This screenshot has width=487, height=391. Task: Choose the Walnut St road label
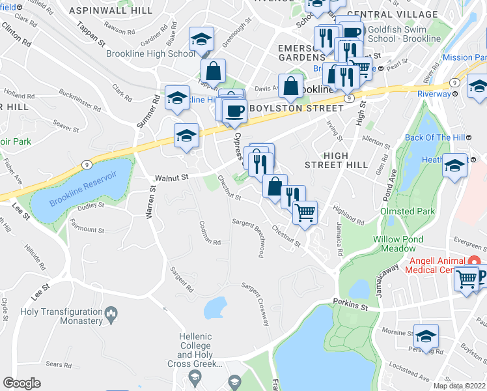pyautogui.click(x=171, y=177)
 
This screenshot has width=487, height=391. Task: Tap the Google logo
pyautogui.click(x=21, y=383)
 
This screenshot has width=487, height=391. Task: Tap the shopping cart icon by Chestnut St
pyautogui.click(x=304, y=212)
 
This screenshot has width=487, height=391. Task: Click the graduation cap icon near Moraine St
pyautogui.click(x=426, y=336)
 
